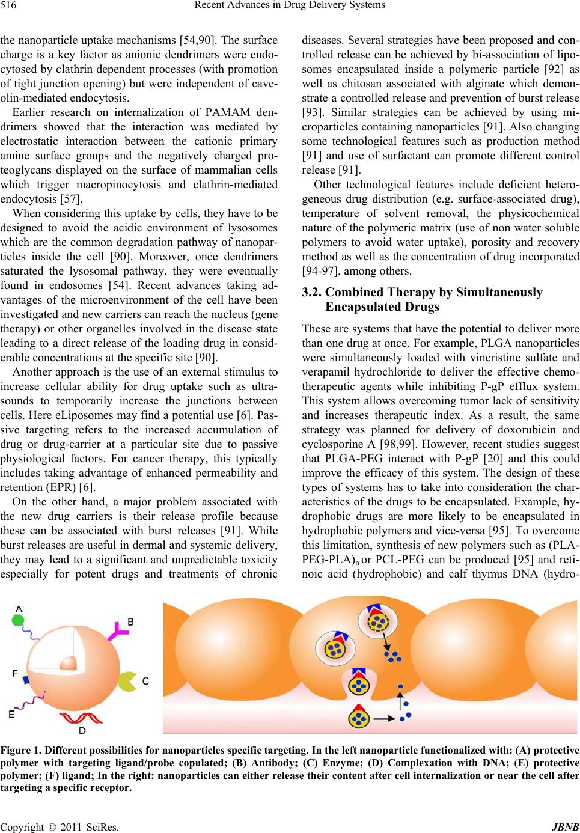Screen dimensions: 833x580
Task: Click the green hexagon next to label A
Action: coord(18,620)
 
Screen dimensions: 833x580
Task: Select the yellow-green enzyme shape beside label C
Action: coord(126,681)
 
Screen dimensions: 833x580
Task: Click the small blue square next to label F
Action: coord(26,680)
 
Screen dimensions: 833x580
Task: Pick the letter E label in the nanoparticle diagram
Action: coord(11,715)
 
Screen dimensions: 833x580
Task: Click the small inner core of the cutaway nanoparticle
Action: coord(68,663)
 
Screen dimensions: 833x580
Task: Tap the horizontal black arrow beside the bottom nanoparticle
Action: coord(384,718)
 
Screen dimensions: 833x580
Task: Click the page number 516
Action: coord(8,5)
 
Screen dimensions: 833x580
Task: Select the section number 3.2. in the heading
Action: coord(311,293)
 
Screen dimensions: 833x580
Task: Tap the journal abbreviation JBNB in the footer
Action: coord(565,827)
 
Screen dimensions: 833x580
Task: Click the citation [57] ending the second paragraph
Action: coord(71,199)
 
